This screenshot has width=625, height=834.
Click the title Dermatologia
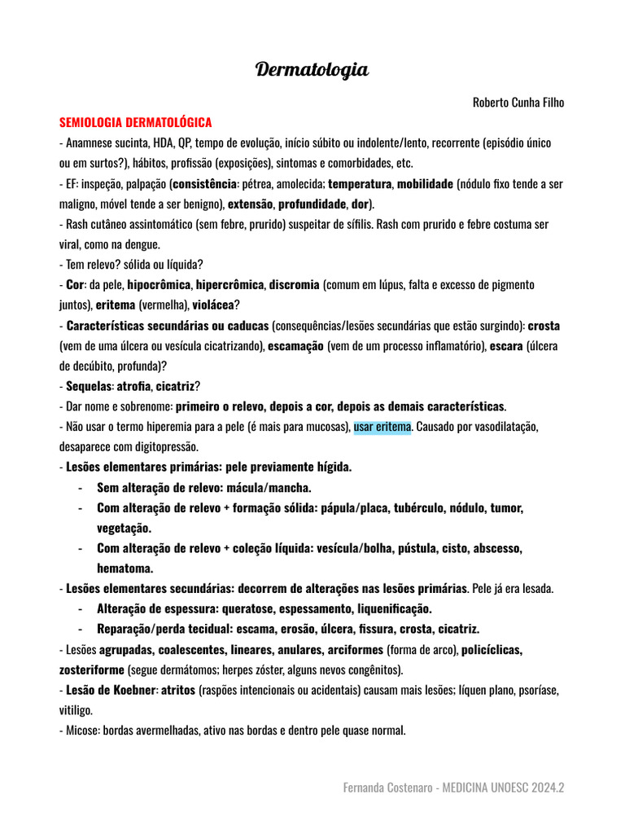(312, 70)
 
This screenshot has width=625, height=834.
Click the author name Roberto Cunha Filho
(518, 103)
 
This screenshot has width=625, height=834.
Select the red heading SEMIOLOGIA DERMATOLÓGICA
(135, 122)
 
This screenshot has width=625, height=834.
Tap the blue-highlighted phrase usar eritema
(382, 427)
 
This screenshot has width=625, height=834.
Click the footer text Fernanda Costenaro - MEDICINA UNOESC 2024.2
(454, 788)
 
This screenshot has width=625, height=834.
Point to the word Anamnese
(88, 143)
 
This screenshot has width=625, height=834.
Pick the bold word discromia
(294, 285)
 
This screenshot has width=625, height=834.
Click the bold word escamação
(295, 346)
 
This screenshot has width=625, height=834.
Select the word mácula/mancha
(269, 488)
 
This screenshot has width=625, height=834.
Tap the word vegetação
(124, 528)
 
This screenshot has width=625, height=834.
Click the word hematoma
(125, 568)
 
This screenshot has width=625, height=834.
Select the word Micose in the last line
(81, 731)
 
